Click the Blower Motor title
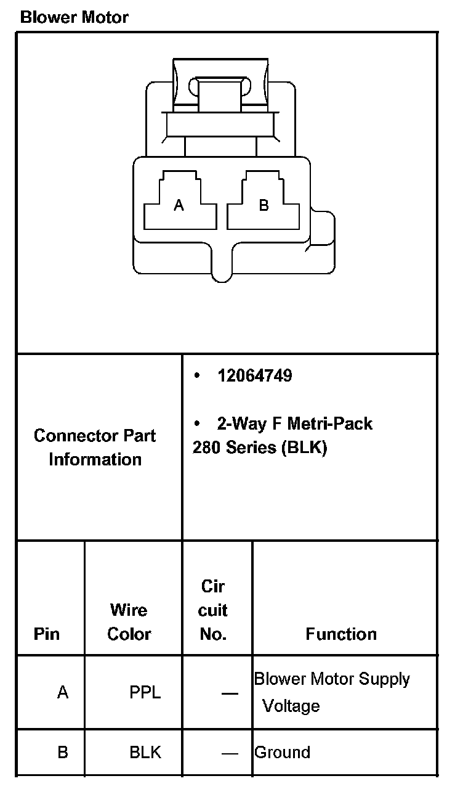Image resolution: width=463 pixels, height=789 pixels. [74, 17]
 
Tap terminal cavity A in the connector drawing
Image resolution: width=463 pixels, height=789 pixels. [179, 205]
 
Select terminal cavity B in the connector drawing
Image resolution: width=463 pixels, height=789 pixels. [264, 205]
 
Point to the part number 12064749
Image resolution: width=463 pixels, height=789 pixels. [254, 375]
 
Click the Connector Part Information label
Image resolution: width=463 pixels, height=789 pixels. [95, 448]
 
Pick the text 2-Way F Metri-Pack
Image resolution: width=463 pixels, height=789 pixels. [294, 424]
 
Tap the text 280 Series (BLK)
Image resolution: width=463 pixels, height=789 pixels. [259, 448]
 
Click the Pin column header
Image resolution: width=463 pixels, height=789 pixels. [47, 634]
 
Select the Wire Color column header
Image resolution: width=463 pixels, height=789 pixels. [129, 622]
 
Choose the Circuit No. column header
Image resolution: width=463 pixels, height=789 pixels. [213, 610]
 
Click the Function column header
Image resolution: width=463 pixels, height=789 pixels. [341, 634]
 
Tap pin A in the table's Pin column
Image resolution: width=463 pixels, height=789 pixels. [63, 693]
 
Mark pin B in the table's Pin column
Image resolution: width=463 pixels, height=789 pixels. [63, 753]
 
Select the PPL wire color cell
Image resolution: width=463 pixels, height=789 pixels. [145, 693]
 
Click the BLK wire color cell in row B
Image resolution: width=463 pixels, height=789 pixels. [145, 753]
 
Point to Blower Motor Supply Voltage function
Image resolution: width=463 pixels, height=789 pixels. [331, 692]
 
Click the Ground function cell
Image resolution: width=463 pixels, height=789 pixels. [283, 753]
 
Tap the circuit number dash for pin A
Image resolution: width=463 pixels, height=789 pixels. [230, 693]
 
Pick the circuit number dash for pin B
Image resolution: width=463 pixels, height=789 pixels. [230, 753]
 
